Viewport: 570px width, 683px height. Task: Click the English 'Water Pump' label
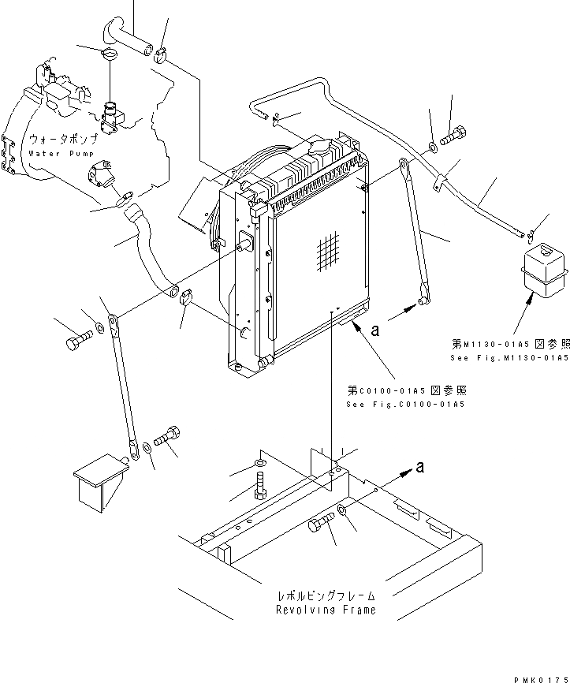click(63, 153)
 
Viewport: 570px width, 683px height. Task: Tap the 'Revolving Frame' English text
click(325, 610)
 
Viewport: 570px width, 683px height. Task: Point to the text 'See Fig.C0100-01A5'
click(405, 405)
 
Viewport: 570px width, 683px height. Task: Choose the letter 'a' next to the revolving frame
click(420, 467)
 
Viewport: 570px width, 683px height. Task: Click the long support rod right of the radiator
click(414, 232)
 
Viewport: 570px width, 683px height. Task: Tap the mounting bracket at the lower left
click(100, 481)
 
